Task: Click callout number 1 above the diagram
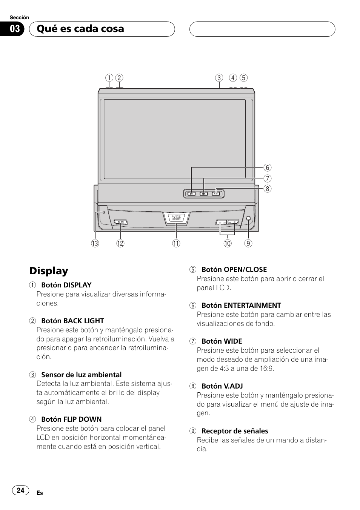click(x=109, y=78)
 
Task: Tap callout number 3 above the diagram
click(x=219, y=78)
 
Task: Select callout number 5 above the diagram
click(x=244, y=78)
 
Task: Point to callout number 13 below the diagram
click(x=95, y=243)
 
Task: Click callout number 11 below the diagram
click(x=176, y=243)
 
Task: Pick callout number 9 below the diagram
click(x=248, y=243)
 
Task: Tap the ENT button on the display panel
click(x=191, y=194)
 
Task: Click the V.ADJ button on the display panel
click(x=216, y=194)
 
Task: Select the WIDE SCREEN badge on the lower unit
click(x=176, y=218)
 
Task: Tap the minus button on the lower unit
click(x=222, y=222)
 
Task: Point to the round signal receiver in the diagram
click(x=248, y=219)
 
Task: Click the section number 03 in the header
click(x=15, y=29)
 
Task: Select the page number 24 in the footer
click(x=21, y=490)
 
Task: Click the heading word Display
click(x=49, y=271)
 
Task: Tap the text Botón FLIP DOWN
click(x=71, y=419)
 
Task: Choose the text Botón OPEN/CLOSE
click(x=234, y=269)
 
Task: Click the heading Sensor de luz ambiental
click(x=81, y=375)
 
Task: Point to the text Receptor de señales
click(x=235, y=431)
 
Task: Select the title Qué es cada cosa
click(x=80, y=29)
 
